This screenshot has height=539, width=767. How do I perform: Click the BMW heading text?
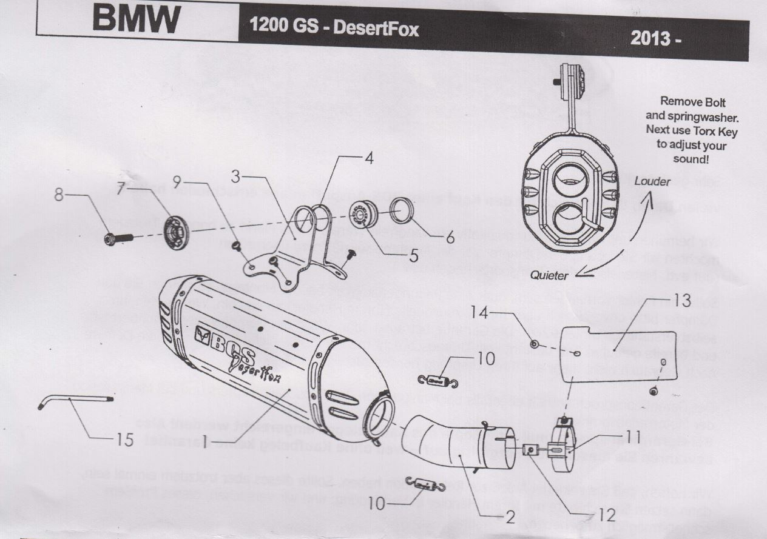click(136, 21)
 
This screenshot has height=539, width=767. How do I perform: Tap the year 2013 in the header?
click(656, 38)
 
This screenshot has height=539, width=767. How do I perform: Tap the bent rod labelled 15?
click(76, 400)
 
